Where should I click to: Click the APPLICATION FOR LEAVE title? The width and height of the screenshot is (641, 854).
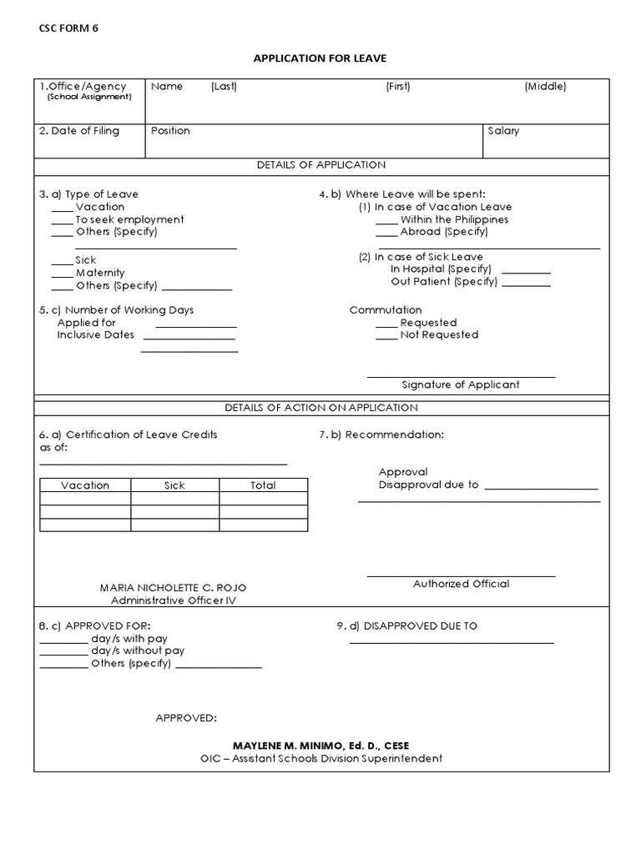[x=320, y=58]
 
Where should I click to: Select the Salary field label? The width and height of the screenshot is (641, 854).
[x=503, y=131]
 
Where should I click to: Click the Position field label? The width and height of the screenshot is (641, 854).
[x=170, y=131]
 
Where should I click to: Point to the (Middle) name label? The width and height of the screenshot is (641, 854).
[x=545, y=87]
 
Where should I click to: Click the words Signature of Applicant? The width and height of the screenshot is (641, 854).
[x=460, y=384]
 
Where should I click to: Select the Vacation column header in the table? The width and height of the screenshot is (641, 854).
[x=85, y=485]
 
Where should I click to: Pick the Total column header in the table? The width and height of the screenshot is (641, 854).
[x=263, y=485]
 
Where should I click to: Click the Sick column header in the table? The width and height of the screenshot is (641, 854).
[x=174, y=485]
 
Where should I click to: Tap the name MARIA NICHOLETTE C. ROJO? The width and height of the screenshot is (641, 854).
[x=174, y=588]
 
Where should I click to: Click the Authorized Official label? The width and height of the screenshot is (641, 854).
[x=461, y=584]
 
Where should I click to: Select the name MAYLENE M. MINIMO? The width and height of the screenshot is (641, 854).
[x=320, y=745]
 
